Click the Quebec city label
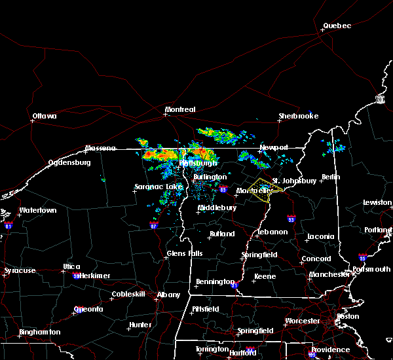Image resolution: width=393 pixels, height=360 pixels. tap(337, 26)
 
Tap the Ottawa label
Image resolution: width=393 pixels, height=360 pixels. tap(45, 117)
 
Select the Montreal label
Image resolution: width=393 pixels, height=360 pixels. tap(180, 110)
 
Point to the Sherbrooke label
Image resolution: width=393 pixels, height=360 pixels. tap(298, 116)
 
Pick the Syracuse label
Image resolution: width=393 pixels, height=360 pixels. tap(19, 270)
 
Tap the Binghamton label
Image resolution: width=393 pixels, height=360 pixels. tap(39, 332)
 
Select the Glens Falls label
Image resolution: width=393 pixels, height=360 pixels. tap(185, 253)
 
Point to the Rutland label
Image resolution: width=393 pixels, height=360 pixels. tap(221, 234)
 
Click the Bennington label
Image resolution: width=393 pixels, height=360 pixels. tap(214, 282)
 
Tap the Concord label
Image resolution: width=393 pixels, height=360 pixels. tap(316, 259)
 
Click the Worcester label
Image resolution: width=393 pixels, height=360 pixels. tap(302, 321)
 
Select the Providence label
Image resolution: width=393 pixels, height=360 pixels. tap(331, 350)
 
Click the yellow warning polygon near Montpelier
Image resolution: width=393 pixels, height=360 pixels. tap(265, 189)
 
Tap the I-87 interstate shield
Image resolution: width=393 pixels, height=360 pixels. tap(153, 225)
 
